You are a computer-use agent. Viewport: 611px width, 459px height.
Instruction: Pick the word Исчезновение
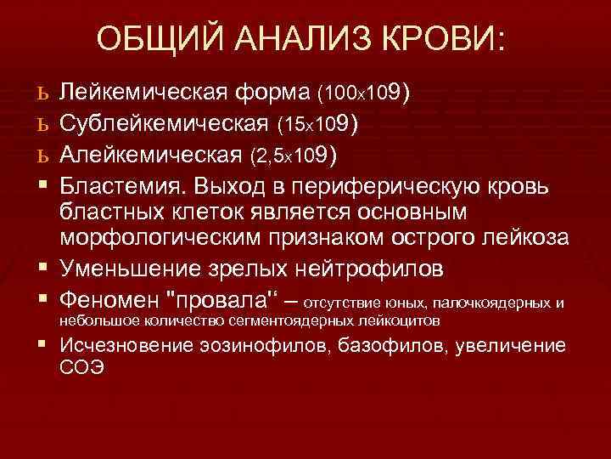click(x=136, y=346)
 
